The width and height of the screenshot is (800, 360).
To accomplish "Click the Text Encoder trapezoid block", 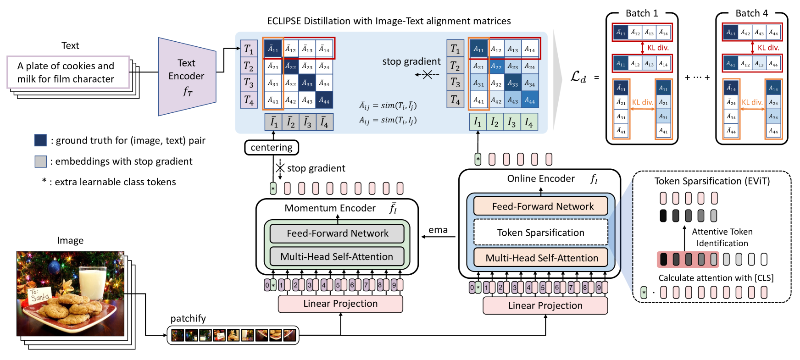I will [187, 76].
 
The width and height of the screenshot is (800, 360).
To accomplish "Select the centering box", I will [272, 148].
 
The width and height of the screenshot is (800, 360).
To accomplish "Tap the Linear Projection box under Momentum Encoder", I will [340, 304].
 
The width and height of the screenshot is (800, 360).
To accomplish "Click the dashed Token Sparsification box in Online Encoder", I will [540, 233].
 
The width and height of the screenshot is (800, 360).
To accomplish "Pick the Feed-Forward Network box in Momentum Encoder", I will [337, 233].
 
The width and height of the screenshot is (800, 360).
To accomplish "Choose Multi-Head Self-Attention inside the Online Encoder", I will [541, 258].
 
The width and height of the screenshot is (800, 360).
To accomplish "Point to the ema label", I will [438, 230].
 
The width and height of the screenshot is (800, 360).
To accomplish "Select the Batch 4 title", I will [751, 13].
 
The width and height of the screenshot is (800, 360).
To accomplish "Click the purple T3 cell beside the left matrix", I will [249, 83].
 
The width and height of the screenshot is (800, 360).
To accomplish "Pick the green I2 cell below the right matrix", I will [494, 122].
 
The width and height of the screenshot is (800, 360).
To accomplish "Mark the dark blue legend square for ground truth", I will [40, 140].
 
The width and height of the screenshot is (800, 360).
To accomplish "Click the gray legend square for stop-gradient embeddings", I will [40, 161].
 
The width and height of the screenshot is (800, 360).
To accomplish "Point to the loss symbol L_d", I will [578, 77].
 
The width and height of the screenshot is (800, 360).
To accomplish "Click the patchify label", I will [188, 318].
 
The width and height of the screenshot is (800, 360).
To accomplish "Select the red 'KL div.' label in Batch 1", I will [658, 48].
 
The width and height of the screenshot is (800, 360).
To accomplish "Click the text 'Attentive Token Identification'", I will [722, 238].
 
